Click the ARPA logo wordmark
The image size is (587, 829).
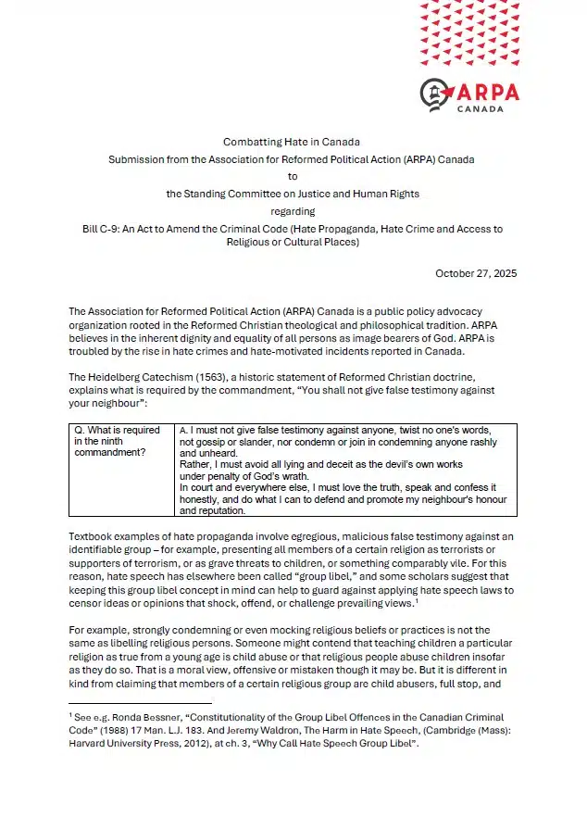coord(487,92)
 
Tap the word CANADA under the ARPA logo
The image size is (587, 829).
coord(481,108)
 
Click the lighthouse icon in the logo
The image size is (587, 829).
coord(436,94)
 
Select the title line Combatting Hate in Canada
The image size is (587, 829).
coord(291,142)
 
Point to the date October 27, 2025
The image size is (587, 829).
coord(476,273)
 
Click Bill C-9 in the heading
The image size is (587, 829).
coord(101,229)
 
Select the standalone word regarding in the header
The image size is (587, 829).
coord(292,211)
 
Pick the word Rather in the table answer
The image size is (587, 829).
coord(196,465)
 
